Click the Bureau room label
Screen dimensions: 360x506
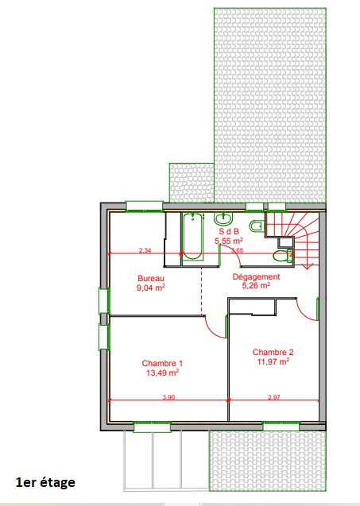click(151, 278)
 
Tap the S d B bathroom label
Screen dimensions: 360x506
click(229, 231)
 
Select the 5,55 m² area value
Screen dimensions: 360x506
click(229, 241)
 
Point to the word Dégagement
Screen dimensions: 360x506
click(257, 276)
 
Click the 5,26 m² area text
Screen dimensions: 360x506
click(257, 285)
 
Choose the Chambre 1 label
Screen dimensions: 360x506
click(162, 363)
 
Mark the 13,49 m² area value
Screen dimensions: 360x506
click(163, 373)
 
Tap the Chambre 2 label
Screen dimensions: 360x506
click(273, 352)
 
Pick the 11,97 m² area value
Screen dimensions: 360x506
click(273, 361)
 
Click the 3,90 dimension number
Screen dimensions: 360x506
click(168, 397)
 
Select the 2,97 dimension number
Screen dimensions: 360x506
click(274, 397)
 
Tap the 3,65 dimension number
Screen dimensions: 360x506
click(238, 250)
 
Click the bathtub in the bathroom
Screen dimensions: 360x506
click(192, 237)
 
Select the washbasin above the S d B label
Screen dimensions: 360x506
click(223, 219)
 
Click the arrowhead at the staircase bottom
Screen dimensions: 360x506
click(307, 266)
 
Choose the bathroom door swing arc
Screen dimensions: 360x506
click(234, 253)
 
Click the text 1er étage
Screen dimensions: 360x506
click(45, 482)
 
